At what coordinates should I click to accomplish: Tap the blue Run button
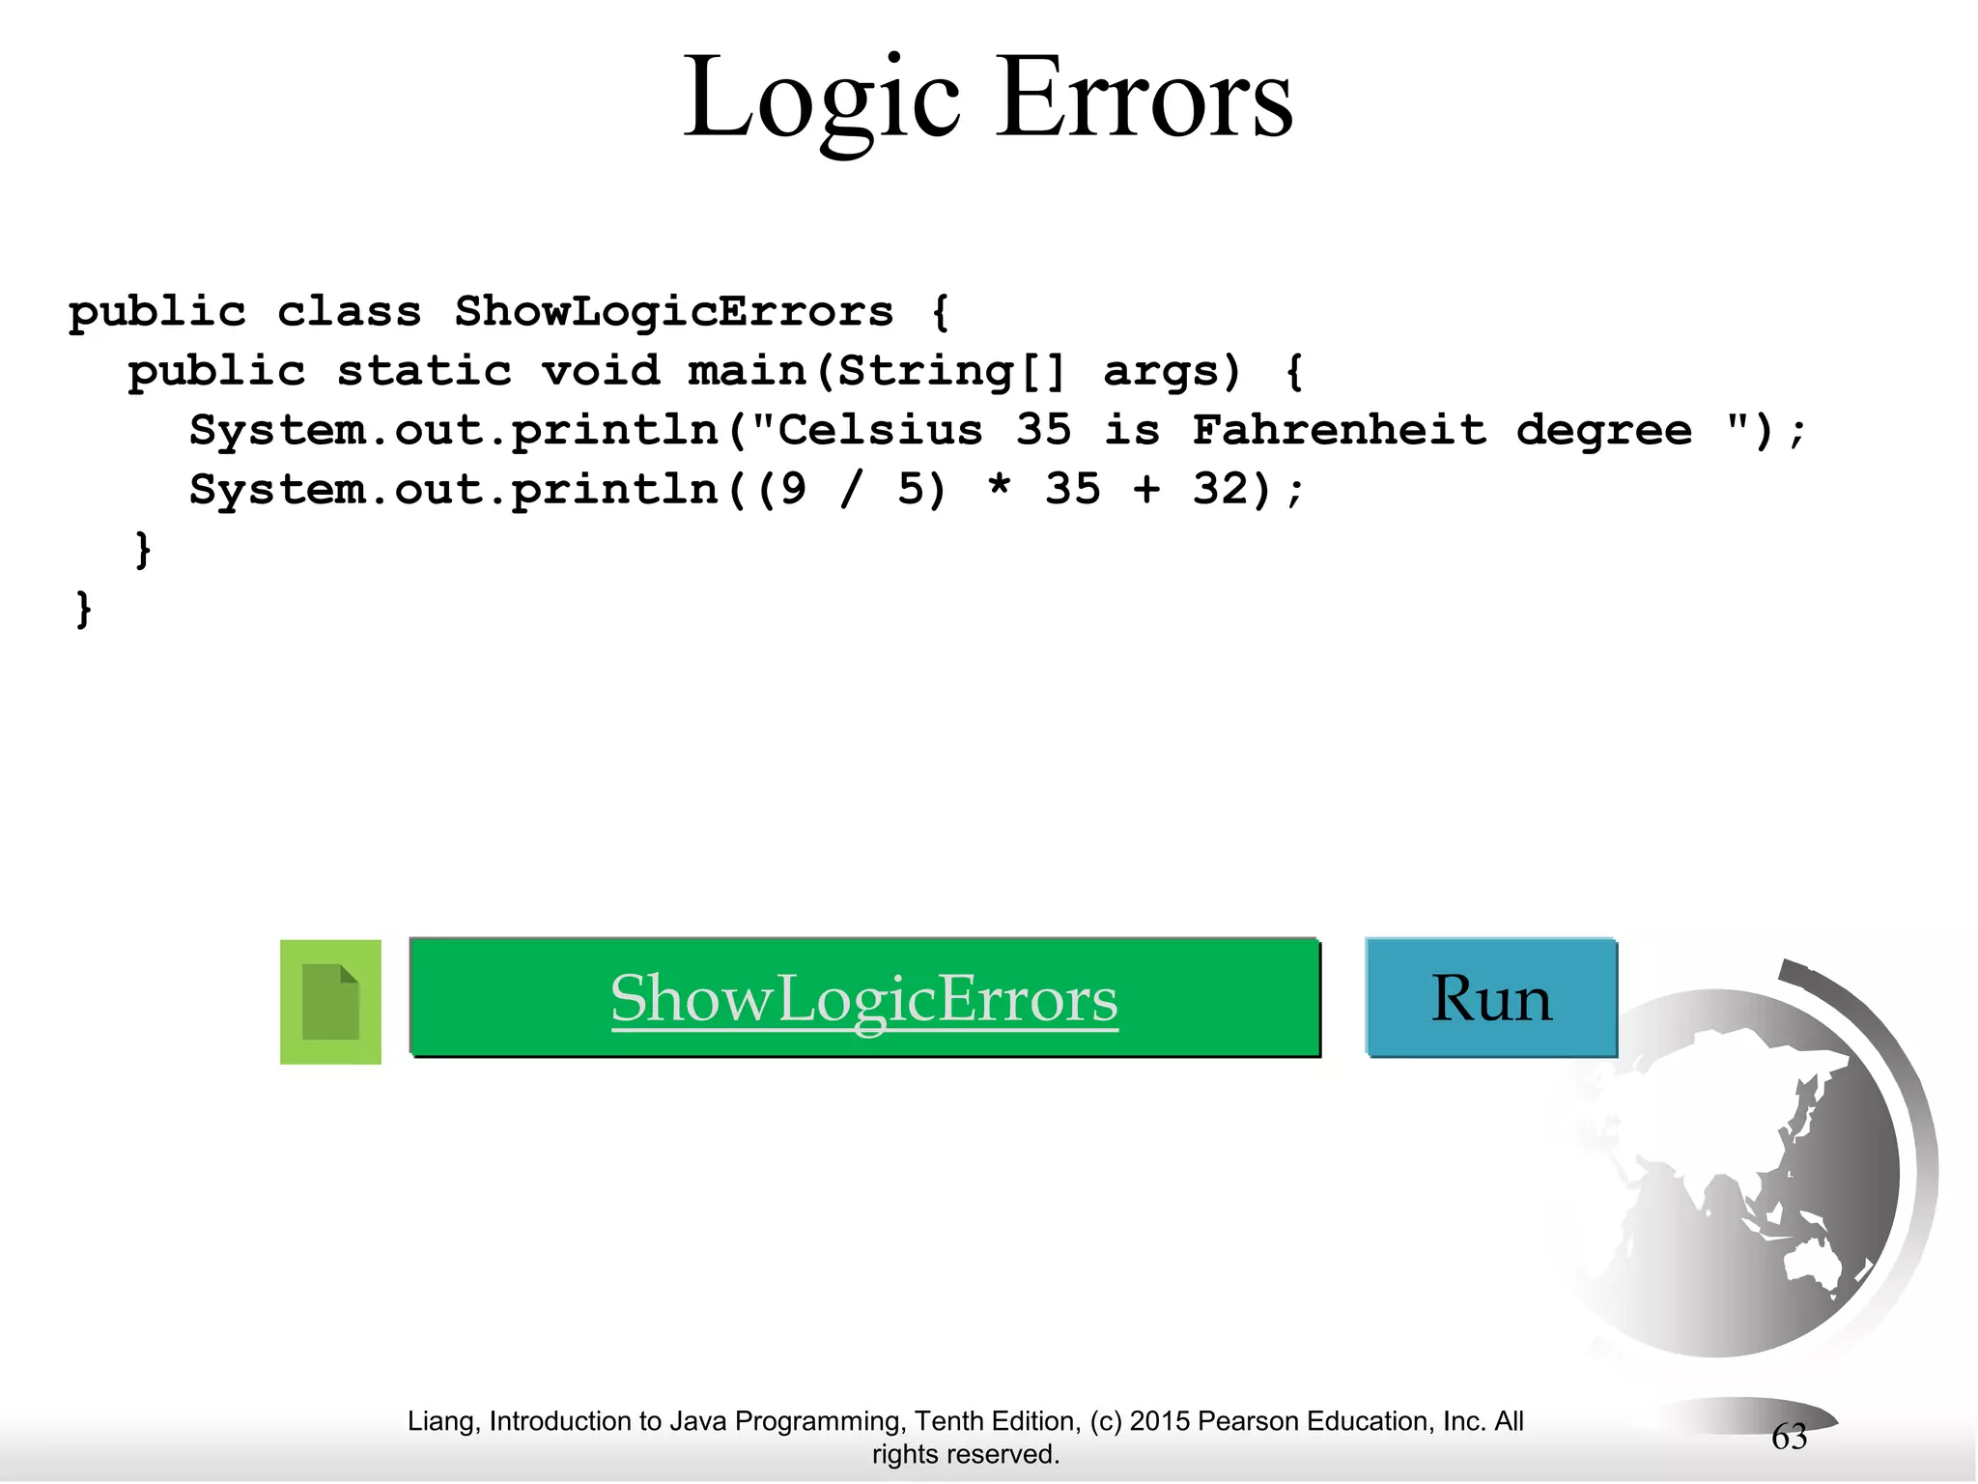[1491, 998]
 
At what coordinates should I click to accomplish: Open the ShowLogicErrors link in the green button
[864, 999]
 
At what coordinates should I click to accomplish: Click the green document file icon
[330, 1002]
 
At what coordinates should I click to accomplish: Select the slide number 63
[1789, 1438]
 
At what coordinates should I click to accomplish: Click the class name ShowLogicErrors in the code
[674, 312]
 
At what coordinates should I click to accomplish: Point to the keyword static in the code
[424, 371]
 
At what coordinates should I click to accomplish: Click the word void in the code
[601, 371]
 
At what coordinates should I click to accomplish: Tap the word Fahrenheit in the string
[1340, 430]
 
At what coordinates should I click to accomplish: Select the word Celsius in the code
[880, 430]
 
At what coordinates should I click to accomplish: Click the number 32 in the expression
[1221, 489]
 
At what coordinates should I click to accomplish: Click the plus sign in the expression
[1146, 490]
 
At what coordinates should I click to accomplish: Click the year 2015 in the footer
[1159, 1421]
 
